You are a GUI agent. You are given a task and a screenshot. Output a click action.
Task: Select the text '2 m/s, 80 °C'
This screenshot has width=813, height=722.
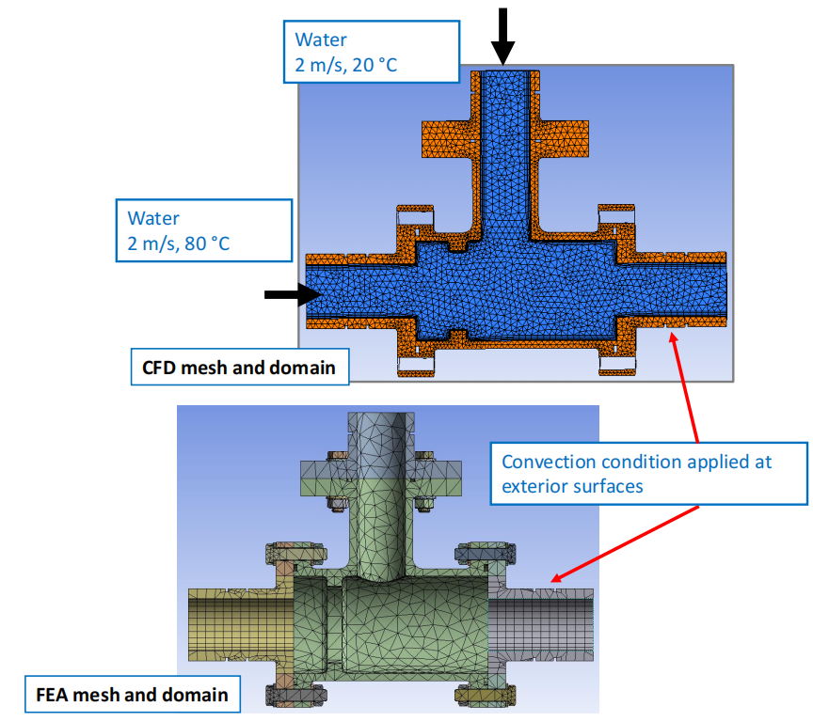click(x=180, y=243)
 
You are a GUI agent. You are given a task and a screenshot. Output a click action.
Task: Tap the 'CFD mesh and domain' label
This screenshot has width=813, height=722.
click(x=238, y=368)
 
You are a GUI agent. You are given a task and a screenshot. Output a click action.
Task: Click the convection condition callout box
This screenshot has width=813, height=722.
click(x=649, y=474)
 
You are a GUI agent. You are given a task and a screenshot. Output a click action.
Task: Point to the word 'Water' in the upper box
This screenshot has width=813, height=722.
click(x=321, y=39)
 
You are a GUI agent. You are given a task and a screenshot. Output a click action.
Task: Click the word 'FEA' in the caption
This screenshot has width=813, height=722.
click(x=47, y=696)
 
